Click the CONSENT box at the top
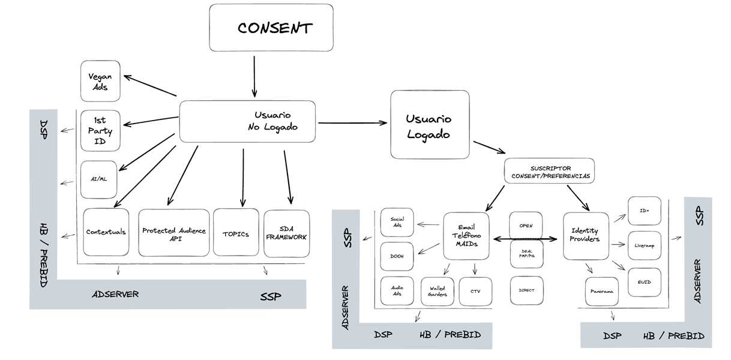click(x=271, y=28)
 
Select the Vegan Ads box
click(x=100, y=81)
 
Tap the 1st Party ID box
click(x=100, y=130)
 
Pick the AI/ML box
click(x=98, y=179)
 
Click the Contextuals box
click(x=106, y=232)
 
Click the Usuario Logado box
click(x=430, y=125)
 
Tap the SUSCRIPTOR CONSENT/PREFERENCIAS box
click(x=549, y=171)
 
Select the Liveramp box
click(x=644, y=245)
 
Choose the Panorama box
click(x=601, y=292)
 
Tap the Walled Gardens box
click(x=438, y=291)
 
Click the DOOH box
click(x=397, y=256)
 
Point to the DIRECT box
click(x=526, y=290)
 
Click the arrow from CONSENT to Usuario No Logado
click(x=254, y=76)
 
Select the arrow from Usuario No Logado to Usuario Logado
click(x=352, y=124)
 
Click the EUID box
click(x=644, y=282)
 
